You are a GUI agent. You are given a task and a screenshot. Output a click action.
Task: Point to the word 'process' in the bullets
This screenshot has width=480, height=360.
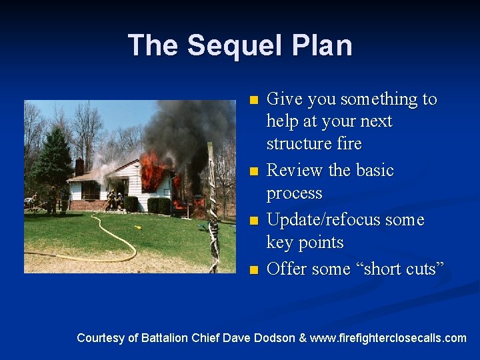(x=294, y=193)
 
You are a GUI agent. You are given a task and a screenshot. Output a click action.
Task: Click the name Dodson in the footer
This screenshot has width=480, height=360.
(x=273, y=338)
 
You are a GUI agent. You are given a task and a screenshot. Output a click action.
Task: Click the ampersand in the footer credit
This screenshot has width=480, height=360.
(x=303, y=338)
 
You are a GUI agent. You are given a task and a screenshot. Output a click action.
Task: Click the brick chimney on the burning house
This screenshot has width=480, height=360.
(x=79, y=166)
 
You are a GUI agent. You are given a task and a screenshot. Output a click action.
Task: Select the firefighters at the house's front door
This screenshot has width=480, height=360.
(x=115, y=199)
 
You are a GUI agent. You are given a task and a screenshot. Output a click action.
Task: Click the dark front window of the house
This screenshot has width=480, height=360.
(x=91, y=191)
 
